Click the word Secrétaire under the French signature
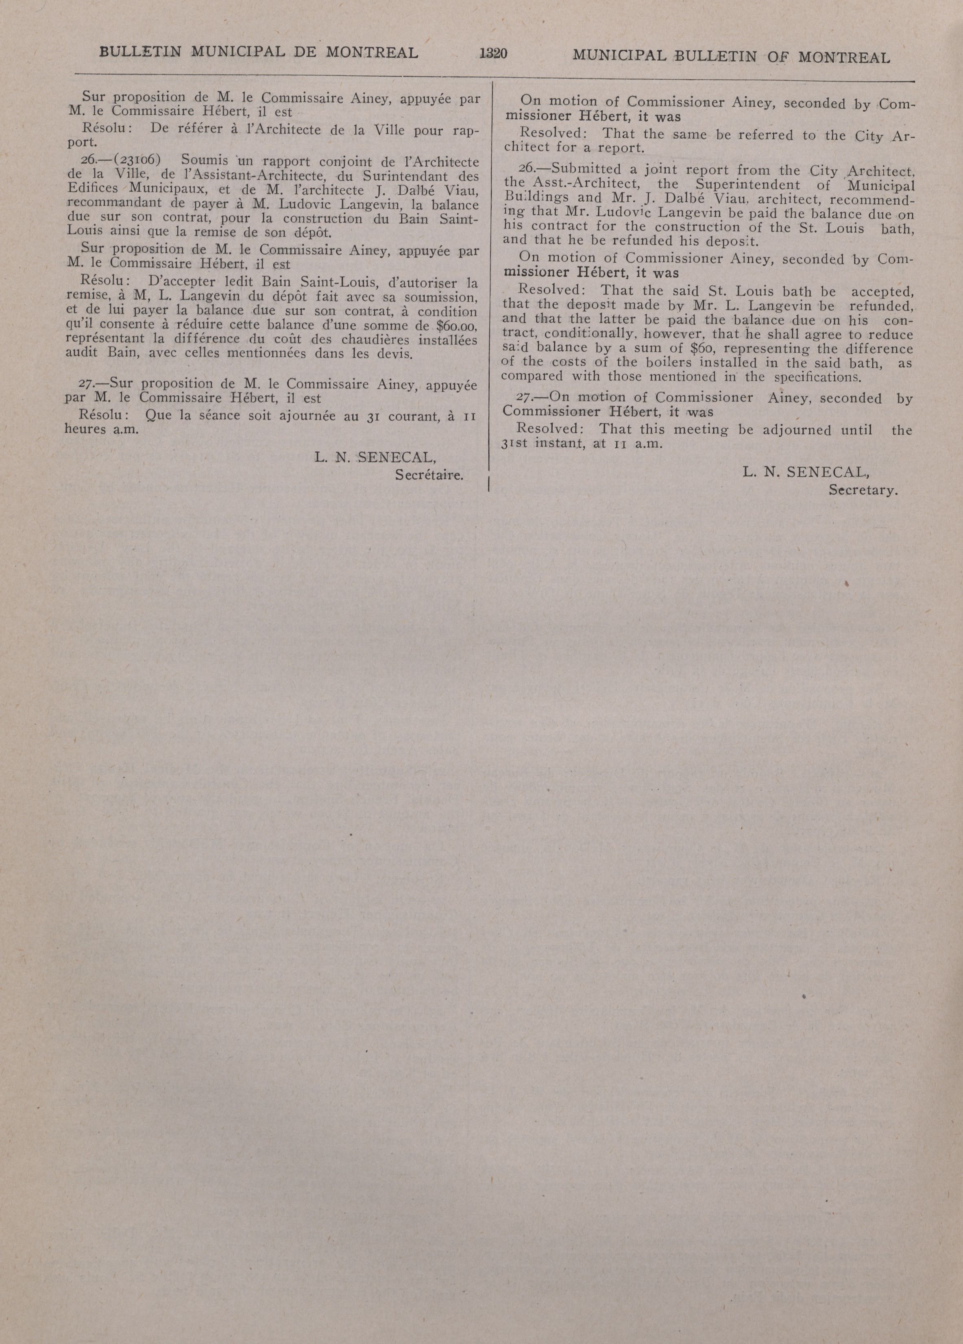pos(429,474)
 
